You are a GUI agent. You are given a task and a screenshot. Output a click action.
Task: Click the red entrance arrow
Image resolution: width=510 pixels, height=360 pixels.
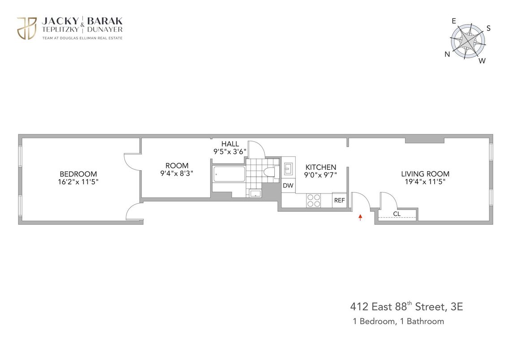[360, 218]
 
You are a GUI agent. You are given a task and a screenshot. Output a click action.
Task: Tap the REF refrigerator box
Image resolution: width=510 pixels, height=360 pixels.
[339, 201]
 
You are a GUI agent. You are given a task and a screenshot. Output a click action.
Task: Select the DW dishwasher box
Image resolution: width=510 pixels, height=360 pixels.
[288, 186]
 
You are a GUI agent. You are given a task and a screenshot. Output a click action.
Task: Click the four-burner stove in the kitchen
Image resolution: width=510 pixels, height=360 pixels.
[313, 200]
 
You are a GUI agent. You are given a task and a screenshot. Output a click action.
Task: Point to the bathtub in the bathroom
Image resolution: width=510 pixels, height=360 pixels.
[229, 174]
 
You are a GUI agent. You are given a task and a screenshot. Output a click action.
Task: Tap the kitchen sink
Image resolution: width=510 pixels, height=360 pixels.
[288, 169]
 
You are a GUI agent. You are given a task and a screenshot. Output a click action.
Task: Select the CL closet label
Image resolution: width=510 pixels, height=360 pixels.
[397, 214]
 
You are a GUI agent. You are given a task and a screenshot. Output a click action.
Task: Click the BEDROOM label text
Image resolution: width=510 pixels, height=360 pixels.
[78, 174]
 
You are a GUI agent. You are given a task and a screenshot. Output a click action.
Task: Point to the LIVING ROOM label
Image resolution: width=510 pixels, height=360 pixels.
[425, 174]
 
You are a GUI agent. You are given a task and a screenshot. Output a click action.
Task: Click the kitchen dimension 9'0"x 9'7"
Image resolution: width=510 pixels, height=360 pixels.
[321, 176]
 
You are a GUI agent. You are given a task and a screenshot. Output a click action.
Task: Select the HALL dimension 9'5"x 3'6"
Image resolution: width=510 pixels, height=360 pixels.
[230, 152]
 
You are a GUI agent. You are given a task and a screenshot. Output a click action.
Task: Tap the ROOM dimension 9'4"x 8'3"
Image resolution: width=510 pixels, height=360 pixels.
[177, 173]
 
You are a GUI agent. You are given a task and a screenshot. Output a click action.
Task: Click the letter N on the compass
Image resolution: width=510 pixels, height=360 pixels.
[447, 55]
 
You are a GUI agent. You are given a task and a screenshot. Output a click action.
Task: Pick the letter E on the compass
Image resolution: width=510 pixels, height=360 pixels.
[454, 21]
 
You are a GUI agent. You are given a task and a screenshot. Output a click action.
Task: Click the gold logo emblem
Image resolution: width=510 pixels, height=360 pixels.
[26, 29]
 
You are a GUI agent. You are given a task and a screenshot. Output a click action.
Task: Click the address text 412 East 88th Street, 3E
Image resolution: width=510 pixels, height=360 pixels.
[406, 307]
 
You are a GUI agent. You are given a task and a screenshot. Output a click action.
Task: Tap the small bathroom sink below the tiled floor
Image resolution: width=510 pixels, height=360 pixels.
[255, 193]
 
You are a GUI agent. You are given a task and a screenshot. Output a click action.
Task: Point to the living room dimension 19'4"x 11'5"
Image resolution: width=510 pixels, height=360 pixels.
[425, 182]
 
